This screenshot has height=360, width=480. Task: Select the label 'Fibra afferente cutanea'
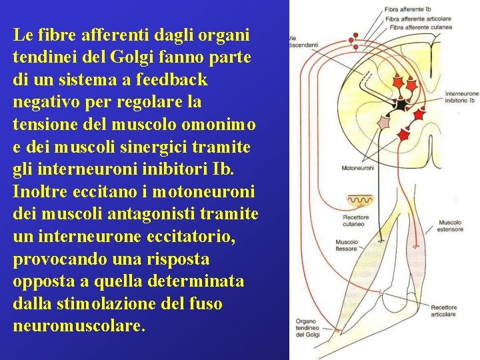pyautogui.click(x=420, y=27)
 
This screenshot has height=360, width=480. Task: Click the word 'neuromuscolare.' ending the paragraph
pyautogui.click(x=79, y=327)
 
